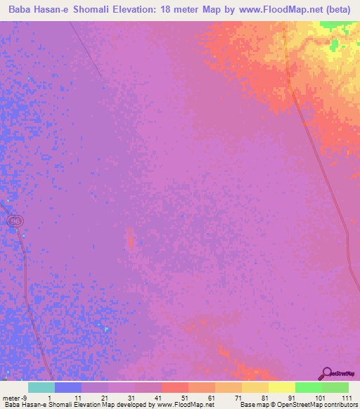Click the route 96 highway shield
[x=15, y=221]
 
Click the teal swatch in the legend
[x=41, y=387]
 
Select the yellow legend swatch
[x=281, y=387]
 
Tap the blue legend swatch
[x=67, y=387]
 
